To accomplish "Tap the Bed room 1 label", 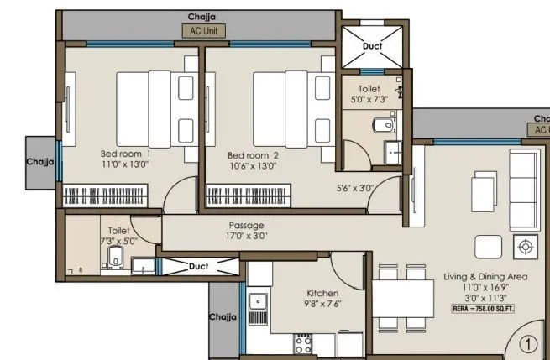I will coord(125,154).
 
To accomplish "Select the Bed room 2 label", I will coord(253,155).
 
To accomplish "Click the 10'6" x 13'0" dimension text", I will coord(252,166).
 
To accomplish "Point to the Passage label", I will coord(247,226).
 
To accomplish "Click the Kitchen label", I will coord(323,293).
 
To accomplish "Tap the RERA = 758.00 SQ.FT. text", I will coord(483,309).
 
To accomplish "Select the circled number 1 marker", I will coord(526,343).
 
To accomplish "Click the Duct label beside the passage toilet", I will coord(198,266).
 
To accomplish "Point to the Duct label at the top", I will coord(370,47).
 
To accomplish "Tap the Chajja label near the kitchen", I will coord(223,318).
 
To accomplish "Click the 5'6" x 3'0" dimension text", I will coord(354,188).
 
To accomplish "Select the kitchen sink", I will coord(258,304).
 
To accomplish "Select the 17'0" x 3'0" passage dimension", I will coord(247,237).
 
